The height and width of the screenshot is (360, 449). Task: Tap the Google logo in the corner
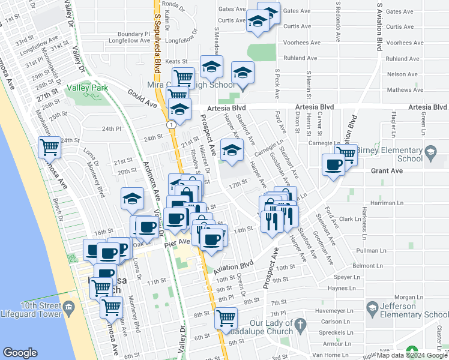point(20,353)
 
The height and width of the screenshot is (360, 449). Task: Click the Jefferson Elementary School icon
point(372,308)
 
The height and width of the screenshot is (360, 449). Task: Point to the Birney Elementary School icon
point(430,154)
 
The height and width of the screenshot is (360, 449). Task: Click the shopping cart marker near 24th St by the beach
point(49,146)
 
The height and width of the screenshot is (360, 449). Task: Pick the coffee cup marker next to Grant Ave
point(333,164)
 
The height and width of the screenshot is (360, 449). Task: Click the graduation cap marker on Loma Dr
point(132,199)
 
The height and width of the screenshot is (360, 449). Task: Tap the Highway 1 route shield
point(171,124)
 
